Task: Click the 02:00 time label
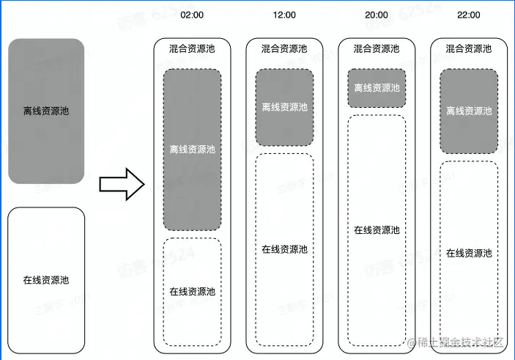[x=192, y=15]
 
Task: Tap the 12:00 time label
[x=284, y=15]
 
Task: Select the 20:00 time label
[x=377, y=15]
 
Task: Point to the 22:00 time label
[x=469, y=15]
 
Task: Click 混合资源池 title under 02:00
[x=192, y=48]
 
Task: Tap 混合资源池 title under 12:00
[x=284, y=48]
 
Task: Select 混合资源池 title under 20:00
[x=377, y=48]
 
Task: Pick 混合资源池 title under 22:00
[x=469, y=48]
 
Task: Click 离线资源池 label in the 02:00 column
[x=192, y=149]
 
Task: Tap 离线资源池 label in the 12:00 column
[x=284, y=107]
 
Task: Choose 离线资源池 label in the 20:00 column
[x=377, y=88]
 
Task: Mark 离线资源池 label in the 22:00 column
[x=469, y=111]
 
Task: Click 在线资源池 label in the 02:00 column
[x=192, y=290]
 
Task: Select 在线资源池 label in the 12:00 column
[x=284, y=249]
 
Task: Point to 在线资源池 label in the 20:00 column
[x=377, y=230]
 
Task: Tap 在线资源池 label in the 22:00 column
[x=469, y=253]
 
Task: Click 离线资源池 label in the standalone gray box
[x=46, y=111]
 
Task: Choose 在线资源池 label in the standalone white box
[x=46, y=279]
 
